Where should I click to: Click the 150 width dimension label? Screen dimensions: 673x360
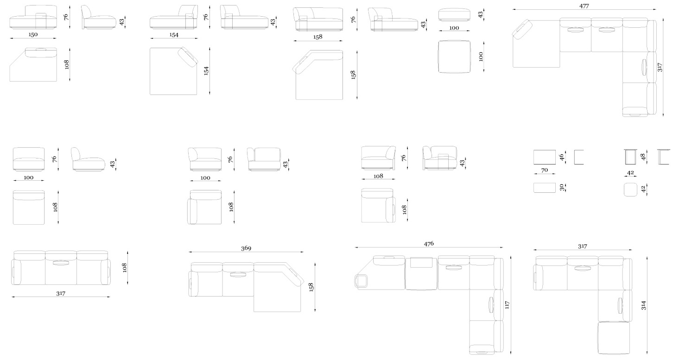tap(33, 34)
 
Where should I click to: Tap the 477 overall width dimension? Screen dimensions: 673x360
tap(584, 6)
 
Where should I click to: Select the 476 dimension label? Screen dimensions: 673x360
tap(429, 244)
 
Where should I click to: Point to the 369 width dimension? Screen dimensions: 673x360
tap(246, 248)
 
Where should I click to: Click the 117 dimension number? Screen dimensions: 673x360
tap(507, 305)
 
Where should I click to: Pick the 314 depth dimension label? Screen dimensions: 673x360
tap(643, 306)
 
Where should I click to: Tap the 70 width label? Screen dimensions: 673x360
tap(545, 170)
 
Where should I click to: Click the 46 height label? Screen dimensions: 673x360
tap(561, 158)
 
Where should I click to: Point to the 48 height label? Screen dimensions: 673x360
tap(643, 157)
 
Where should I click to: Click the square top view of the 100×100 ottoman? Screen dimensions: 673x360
tap(454, 57)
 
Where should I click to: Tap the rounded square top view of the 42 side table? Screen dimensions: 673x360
tap(630, 189)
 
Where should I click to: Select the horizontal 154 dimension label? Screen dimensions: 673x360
tap(174, 35)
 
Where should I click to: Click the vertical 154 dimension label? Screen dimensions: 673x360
tap(206, 70)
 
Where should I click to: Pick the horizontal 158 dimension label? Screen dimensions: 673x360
tap(318, 37)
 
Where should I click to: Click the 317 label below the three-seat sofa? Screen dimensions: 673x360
tap(61, 293)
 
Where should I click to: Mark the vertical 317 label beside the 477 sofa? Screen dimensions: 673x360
tap(660, 67)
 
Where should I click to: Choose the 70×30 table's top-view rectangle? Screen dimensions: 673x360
tap(545, 188)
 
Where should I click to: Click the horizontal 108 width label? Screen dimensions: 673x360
tap(378, 176)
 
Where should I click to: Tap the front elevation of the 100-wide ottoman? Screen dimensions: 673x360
tap(454, 15)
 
